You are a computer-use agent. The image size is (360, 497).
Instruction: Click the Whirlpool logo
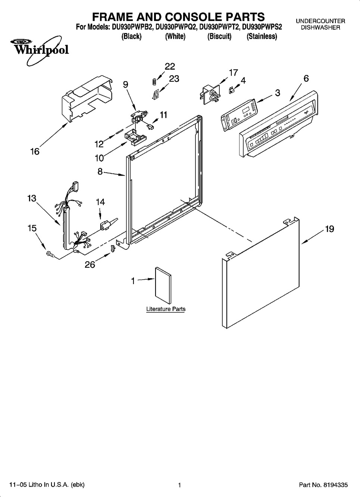[x=40, y=51]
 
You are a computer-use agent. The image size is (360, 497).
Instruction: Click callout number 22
[x=170, y=66]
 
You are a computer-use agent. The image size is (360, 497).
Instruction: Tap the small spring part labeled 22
[x=153, y=81]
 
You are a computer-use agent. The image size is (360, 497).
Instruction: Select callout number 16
[x=35, y=151]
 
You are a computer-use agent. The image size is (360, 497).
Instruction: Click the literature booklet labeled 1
[x=163, y=285]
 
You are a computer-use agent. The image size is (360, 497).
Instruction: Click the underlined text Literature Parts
[x=166, y=309]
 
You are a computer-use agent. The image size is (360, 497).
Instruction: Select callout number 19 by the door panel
[x=329, y=229]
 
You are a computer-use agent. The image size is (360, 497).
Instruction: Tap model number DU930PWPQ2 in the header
[x=176, y=27]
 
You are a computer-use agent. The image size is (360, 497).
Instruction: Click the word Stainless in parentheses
[x=262, y=36]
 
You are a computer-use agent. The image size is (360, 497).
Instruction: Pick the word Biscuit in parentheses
[x=219, y=36]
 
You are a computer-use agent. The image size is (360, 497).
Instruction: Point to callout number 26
[x=90, y=264]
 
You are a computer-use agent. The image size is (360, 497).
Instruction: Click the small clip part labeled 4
[x=232, y=91]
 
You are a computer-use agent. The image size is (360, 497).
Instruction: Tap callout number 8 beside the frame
[x=100, y=171]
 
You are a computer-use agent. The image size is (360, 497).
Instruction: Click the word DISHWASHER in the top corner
[x=320, y=28]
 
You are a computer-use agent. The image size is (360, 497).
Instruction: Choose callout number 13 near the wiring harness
[x=32, y=198]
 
